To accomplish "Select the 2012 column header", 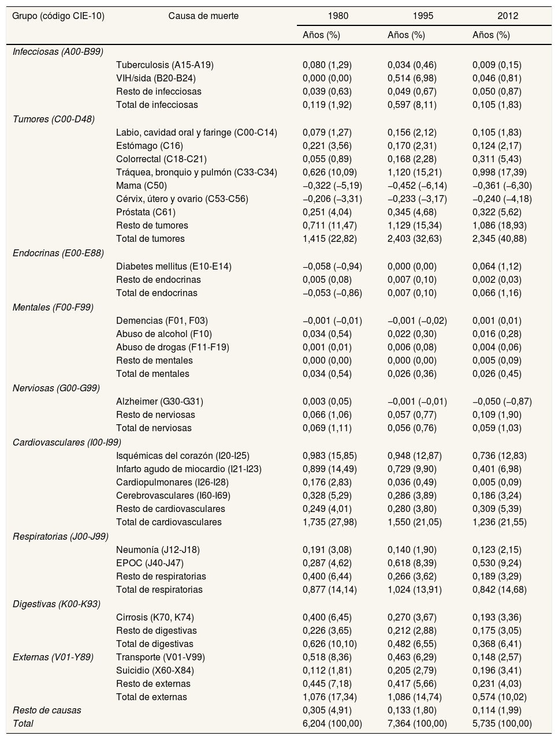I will (508, 16).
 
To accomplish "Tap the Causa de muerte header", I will (203, 16).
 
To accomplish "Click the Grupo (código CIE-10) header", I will (58, 16).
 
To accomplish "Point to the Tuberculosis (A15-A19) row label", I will (165, 65).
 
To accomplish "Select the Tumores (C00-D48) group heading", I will (53, 119).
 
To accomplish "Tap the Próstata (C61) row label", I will (147, 212).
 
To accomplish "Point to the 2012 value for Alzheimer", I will (502, 402).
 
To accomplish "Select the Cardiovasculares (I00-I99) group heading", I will (67, 443).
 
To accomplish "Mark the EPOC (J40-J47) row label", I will (150, 563).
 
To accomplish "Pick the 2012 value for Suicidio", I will (497, 671).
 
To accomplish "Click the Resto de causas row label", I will (47, 711).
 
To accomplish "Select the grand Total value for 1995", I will (416, 724).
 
